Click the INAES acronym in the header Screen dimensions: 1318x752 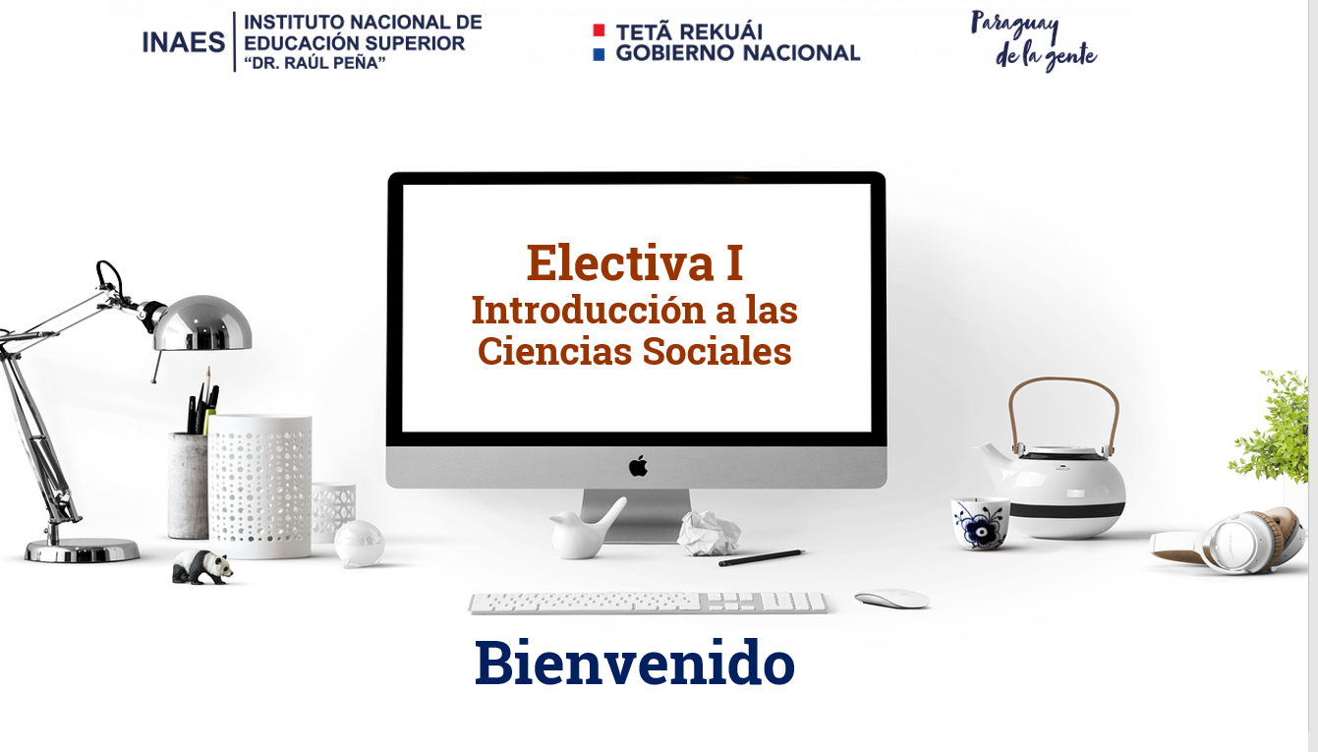[184, 42]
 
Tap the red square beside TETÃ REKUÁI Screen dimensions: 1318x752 [599, 30]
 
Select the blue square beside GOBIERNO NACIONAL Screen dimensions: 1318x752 [599, 54]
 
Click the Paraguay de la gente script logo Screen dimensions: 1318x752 [1034, 40]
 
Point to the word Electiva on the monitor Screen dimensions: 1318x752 [620, 262]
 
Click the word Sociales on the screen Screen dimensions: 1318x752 [716, 351]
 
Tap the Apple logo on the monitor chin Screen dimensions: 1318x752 [638, 466]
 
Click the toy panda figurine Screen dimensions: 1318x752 [201, 566]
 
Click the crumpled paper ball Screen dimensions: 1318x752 [709, 533]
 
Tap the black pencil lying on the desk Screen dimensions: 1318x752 [762, 557]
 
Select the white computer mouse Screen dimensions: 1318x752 [892, 599]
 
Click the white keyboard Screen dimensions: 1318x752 [648, 604]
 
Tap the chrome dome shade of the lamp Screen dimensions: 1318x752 [202, 323]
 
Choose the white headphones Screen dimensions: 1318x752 [1230, 542]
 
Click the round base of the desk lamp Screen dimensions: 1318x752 [82, 550]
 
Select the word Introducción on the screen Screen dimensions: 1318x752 [589, 310]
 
